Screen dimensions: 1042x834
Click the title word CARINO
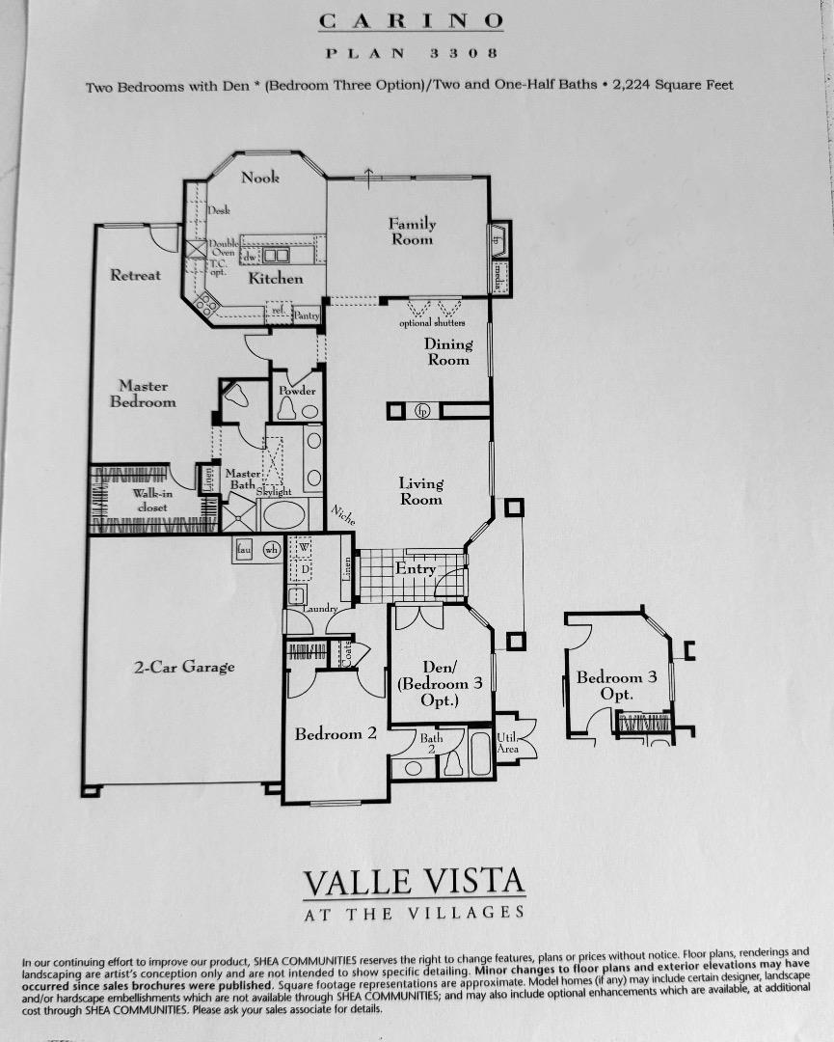411,20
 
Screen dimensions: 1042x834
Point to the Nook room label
260,177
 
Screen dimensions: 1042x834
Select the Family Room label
412,232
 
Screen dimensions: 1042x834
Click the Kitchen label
277,278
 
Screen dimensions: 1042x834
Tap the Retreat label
136,275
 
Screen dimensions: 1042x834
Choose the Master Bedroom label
143,394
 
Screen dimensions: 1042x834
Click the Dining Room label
448,351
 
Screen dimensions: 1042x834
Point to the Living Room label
421,491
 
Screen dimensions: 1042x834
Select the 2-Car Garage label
183,667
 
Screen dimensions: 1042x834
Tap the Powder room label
297,391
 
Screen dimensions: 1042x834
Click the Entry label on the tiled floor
416,569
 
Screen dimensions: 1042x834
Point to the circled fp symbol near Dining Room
421,411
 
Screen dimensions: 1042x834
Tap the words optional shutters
432,323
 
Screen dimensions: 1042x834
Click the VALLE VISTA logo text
415,882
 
